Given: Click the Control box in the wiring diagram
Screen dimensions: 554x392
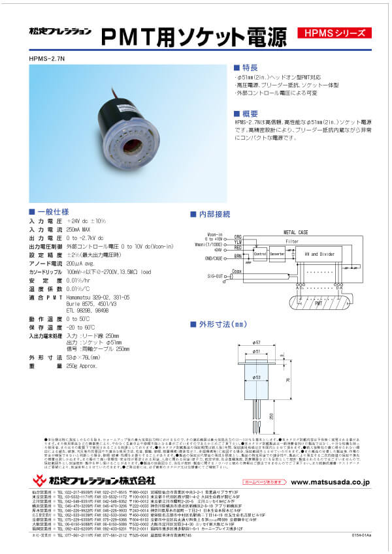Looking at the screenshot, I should tap(260, 253).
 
